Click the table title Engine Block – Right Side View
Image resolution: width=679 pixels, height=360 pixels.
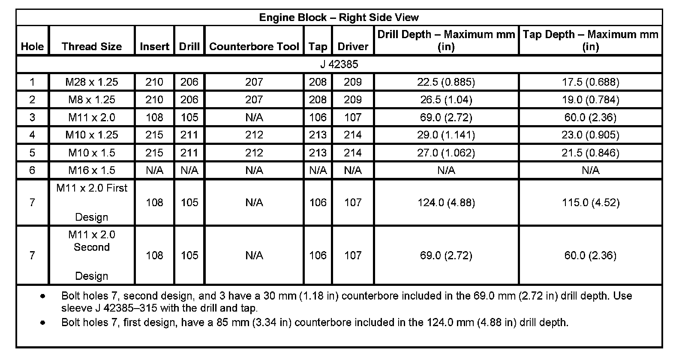(339, 18)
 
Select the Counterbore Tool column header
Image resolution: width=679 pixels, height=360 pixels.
(254, 46)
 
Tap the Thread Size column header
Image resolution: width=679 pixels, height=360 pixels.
(92, 46)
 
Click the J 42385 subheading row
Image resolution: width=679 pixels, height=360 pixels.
(339, 64)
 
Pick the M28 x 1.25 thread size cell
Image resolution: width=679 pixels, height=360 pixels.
(92, 82)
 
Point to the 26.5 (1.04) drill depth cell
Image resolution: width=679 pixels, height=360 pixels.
(446, 100)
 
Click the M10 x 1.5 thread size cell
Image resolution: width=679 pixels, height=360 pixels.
(92, 153)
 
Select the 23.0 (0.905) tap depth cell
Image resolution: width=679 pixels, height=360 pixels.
(590, 135)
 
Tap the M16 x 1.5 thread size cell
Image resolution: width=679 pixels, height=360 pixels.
(92, 170)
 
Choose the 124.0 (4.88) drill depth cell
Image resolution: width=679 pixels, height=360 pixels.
(446, 202)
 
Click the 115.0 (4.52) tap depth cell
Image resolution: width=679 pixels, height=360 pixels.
(590, 202)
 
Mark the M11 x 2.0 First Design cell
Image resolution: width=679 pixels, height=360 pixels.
(92, 202)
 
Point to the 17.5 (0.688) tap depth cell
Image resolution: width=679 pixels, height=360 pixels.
(590, 82)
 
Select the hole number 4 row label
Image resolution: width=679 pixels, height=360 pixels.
(32, 135)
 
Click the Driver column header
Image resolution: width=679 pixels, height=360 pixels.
(353, 46)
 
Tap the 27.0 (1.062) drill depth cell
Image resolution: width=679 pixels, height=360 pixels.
(446, 153)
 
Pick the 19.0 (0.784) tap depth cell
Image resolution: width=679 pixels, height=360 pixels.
(590, 100)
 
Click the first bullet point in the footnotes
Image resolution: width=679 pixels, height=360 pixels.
(42, 296)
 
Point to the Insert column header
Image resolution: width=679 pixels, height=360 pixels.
(154, 46)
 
